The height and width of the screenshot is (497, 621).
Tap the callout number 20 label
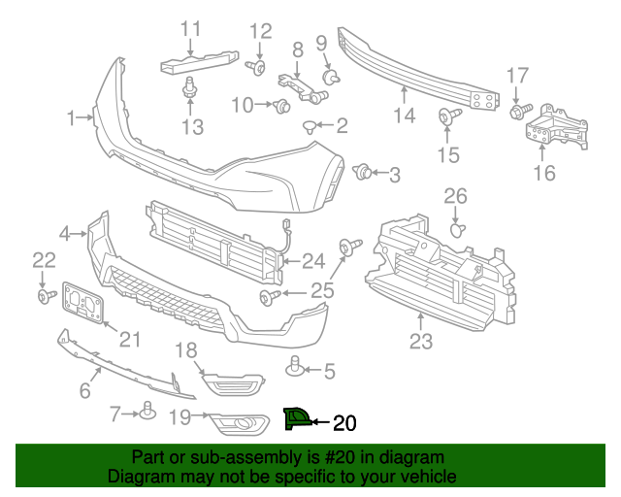344,422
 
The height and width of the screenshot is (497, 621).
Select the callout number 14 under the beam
404,116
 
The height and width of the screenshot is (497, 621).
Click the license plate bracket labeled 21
83,305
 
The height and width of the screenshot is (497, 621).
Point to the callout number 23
420,341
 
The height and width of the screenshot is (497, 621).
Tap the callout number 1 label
71,118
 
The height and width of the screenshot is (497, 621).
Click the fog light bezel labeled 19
233,423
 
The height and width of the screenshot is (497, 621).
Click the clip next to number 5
294,368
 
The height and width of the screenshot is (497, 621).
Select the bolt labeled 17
517,113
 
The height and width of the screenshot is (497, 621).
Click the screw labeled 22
45,294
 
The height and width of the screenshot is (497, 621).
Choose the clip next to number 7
147,412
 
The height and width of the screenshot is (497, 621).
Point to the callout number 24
313,259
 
